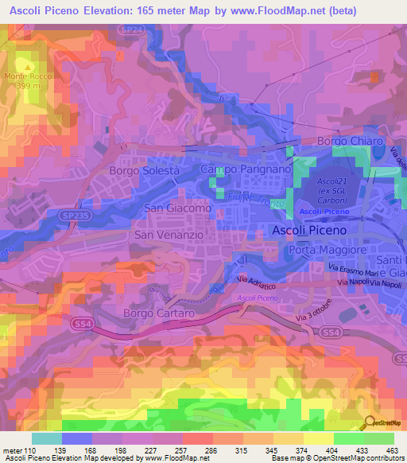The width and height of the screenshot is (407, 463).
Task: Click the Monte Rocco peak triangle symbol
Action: pyautogui.click(x=30, y=66)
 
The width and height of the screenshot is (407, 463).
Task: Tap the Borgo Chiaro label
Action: pyautogui.click(x=351, y=141)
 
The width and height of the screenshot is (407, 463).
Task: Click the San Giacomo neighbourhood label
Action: pyautogui.click(x=176, y=208)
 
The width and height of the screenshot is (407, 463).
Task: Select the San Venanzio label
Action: pyautogui.click(x=169, y=235)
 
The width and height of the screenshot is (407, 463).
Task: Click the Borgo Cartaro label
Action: pyautogui.click(x=159, y=313)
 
